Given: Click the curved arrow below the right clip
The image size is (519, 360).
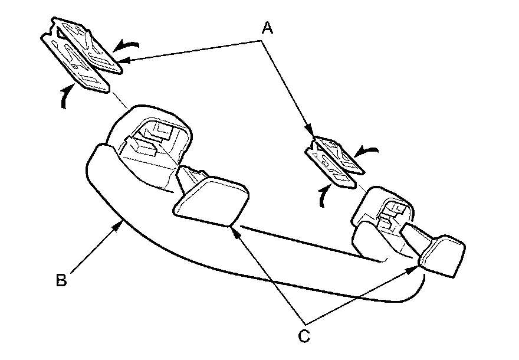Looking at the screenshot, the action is click(322, 197).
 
